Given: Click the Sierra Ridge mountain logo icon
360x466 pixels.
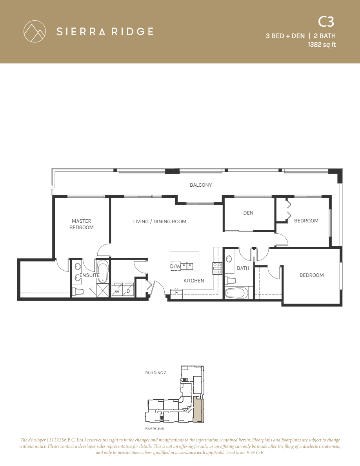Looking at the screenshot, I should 34,31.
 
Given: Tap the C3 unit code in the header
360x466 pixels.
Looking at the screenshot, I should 326,22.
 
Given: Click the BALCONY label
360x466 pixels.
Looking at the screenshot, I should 201,185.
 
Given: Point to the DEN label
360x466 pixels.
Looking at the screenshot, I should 248,213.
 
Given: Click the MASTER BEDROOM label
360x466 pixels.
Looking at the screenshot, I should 82,224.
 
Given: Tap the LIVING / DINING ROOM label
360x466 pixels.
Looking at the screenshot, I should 160,222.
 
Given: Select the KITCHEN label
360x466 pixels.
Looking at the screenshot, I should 194,281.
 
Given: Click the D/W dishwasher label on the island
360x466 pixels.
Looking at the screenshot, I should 175,267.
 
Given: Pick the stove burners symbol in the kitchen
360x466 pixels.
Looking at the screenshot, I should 217,268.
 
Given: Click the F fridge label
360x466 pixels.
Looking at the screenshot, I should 176,292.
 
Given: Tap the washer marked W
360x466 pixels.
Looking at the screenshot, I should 117,291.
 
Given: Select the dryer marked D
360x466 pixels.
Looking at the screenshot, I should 128,291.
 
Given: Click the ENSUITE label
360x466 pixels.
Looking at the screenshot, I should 89,275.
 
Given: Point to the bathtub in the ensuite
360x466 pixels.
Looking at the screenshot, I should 103,271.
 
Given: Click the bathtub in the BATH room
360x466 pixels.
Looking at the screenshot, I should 237,293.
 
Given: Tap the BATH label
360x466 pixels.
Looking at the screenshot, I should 243,268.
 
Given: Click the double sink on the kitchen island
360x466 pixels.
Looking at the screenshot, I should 187,266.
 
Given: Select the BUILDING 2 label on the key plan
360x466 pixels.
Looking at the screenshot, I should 156,373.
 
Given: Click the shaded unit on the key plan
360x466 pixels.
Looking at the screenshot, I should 199,409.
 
